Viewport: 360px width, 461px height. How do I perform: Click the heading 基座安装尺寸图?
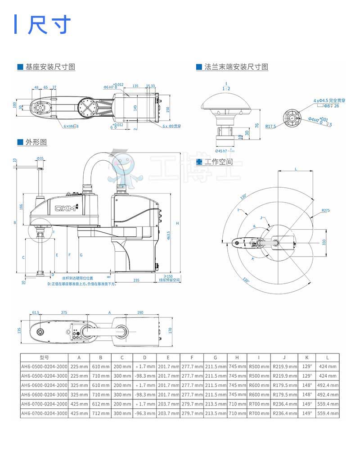click(50, 67)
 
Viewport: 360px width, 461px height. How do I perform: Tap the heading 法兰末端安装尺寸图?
click(236, 67)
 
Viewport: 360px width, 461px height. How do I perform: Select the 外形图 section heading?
click(36, 142)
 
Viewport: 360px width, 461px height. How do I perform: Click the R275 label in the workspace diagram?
click(325, 210)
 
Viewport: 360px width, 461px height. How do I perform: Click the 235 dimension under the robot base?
click(136, 280)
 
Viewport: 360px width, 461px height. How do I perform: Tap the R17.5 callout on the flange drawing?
click(270, 127)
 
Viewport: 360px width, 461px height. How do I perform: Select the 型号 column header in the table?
click(44, 357)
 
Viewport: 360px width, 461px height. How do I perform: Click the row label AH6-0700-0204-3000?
click(44, 413)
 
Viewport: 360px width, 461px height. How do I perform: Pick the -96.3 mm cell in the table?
click(144, 413)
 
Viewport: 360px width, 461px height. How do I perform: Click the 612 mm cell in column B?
click(100, 404)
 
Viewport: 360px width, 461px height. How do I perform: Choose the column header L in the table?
click(327, 357)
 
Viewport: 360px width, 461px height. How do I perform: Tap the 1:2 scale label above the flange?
click(226, 88)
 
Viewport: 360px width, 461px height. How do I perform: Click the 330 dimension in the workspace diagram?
click(323, 242)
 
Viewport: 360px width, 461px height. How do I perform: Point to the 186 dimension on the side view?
click(21, 206)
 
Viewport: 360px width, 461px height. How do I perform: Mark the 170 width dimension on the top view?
click(170, 330)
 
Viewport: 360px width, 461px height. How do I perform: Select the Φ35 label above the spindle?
click(40, 158)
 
